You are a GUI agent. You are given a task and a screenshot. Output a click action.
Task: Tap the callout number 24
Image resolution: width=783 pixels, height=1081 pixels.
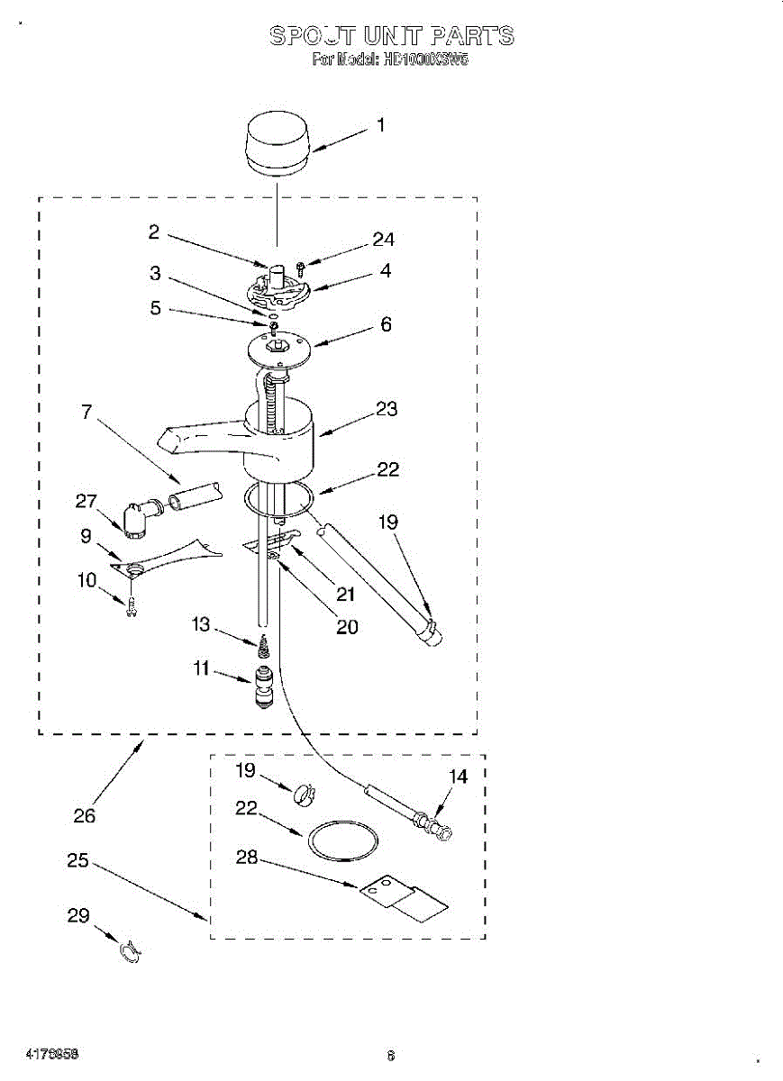click(384, 240)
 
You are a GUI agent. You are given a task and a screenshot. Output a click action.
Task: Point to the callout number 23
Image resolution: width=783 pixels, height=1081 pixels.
click(387, 409)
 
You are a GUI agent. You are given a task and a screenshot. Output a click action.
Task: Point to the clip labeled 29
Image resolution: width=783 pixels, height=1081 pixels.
click(132, 950)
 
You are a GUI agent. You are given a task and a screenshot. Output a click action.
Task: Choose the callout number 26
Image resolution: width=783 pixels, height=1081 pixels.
click(85, 816)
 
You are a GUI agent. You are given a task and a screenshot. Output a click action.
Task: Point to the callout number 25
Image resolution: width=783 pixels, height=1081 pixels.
click(78, 860)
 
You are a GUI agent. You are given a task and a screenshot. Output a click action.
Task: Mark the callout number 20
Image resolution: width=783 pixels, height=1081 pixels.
click(347, 627)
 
